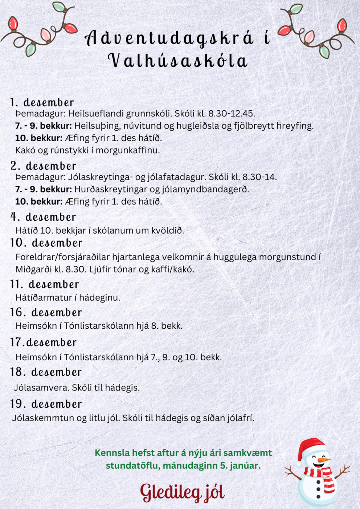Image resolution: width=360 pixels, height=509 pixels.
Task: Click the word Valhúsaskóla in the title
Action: click(x=178, y=61)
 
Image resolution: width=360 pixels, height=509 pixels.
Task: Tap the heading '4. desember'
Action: click(x=43, y=217)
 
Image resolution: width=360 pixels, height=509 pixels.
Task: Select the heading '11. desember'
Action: click(x=44, y=284)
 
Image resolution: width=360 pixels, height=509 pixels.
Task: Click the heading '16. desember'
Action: click(x=46, y=312)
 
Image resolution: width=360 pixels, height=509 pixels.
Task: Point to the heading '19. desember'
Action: click(x=46, y=404)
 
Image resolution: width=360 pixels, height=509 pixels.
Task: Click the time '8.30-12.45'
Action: click(x=231, y=114)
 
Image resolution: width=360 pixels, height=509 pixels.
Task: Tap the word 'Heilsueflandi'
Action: click(x=96, y=114)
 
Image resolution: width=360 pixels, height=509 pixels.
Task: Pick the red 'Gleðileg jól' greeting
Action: click(x=182, y=492)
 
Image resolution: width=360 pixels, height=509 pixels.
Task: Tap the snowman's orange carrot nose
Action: click(x=323, y=460)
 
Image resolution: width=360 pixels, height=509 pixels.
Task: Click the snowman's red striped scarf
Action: click(x=320, y=475)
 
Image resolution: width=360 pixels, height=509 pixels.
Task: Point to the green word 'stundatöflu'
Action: click(x=132, y=465)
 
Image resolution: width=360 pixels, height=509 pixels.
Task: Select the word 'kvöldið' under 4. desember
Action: click(x=167, y=230)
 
